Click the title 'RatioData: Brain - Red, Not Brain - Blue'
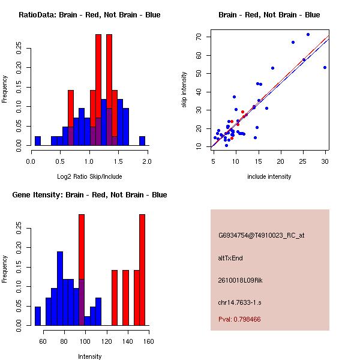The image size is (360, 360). pyautogui.click(x=89, y=15)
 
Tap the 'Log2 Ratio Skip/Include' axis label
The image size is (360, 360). pyautogui.click(x=89, y=176)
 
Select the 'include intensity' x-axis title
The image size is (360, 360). pyautogui.click(x=269, y=176)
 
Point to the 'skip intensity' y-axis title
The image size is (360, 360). pyautogui.click(x=184, y=89)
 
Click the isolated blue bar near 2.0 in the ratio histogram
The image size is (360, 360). pyautogui.click(x=142, y=141)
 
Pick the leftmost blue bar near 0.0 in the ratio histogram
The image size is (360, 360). pyautogui.click(x=38, y=141)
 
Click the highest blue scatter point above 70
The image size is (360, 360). pyautogui.click(x=308, y=35)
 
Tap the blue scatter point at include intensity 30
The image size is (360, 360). pyautogui.click(x=325, y=67)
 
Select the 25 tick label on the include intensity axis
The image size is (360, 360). pyautogui.click(x=302, y=161)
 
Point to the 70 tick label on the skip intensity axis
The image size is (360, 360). pyautogui.click(x=199, y=37)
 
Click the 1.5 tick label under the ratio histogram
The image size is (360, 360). pyautogui.click(x=118, y=161)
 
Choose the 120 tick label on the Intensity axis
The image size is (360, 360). pyautogui.click(x=107, y=341)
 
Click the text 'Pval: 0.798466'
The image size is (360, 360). pyautogui.click(x=239, y=319)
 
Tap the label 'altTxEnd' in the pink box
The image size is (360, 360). pyautogui.click(x=230, y=258)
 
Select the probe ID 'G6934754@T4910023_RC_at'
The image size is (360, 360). pyautogui.click(x=261, y=236)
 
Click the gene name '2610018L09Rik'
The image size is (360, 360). pyautogui.click(x=240, y=280)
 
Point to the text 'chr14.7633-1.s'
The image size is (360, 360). pyautogui.click(x=239, y=302)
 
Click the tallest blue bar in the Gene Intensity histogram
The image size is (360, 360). pyautogui.click(x=60, y=289)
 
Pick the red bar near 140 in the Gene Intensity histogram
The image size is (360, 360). pyautogui.click(x=125, y=298)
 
